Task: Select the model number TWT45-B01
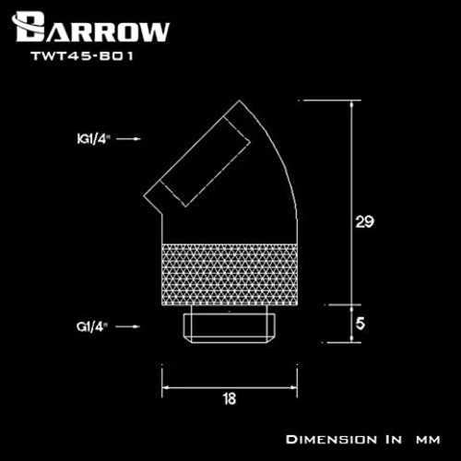(82, 56)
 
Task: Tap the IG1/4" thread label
(93, 139)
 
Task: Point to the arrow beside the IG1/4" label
(128, 139)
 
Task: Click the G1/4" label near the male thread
(92, 326)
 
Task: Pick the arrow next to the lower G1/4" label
(127, 326)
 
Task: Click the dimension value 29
(364, 222)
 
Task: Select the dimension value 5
(361, 324)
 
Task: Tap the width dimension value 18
(230, 399)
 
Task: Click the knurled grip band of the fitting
(230, 275)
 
